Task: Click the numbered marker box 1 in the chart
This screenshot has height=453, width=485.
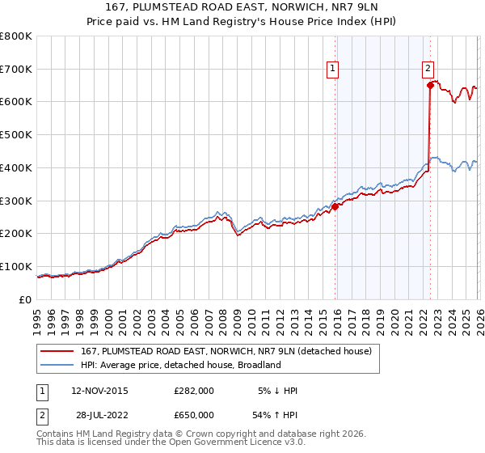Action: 333,70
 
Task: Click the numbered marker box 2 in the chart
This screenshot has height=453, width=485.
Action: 428,70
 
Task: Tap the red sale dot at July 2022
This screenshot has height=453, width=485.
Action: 430,85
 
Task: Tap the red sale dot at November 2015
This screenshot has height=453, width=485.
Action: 335,206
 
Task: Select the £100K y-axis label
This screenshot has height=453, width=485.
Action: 16,266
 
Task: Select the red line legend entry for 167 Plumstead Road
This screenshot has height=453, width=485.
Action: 226,351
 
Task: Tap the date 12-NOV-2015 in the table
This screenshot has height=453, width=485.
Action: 99,391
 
